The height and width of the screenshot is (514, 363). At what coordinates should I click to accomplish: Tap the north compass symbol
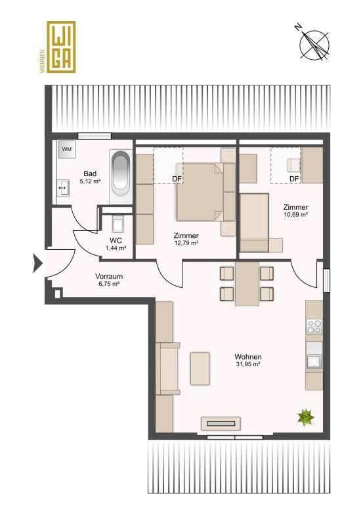pos(314,45)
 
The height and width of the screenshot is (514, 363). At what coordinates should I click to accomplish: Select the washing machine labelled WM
pos(66,149)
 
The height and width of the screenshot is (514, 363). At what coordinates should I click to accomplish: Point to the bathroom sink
pos(63,188)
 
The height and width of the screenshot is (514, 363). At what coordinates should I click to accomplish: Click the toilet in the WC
pos(117,223)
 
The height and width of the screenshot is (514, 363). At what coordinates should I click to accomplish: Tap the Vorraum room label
pos(109,276)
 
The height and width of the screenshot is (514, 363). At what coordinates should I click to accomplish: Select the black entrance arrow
pos(37,263)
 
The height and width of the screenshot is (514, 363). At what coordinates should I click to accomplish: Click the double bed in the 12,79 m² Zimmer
pos(200,192)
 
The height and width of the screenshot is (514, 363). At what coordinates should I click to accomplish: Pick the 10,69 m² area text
pos(295,215)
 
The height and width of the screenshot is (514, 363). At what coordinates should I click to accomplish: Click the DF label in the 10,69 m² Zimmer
pos(294,179)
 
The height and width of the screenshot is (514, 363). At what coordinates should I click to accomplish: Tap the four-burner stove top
pos(314,327)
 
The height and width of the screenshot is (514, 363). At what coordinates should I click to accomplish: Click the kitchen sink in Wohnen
pos(314,361)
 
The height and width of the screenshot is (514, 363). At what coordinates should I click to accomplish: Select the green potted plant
pos(306,417)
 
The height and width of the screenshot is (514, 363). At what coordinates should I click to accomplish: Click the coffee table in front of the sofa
pos(200,369)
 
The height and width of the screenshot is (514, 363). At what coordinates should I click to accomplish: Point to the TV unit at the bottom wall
pos(221,423)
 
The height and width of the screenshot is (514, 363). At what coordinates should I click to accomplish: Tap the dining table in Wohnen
pos(247,283)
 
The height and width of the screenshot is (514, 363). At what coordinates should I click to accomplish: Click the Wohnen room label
pos(248,357)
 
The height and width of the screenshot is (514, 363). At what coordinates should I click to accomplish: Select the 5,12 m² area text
pos(90,181)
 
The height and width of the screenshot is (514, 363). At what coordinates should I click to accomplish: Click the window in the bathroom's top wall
pos(95,136)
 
